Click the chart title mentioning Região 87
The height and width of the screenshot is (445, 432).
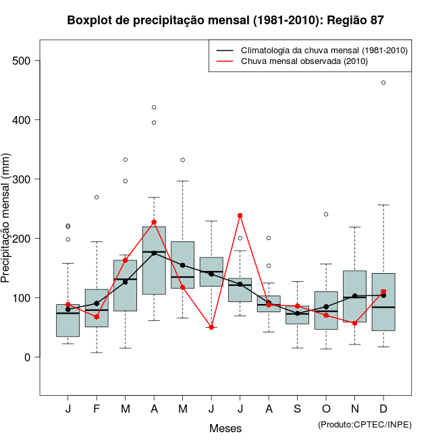(225, 20)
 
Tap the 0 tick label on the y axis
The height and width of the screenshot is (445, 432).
(28, 357)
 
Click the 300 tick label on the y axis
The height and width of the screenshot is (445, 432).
(23, 179)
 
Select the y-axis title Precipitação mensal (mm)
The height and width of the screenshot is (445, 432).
(7, 227)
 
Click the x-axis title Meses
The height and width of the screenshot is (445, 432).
(225, 428)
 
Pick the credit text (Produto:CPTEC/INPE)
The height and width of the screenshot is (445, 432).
(364, 424)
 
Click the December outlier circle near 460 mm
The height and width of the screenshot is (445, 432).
(383, 83)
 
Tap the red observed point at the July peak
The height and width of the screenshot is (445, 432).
(240, 216)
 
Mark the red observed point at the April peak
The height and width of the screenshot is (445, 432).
(154, 222)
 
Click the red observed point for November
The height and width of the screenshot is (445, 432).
(354, 324)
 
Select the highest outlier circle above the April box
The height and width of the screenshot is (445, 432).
(154, 107)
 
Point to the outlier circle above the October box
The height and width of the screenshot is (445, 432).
(326, 214)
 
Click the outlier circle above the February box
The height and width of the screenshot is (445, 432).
(97, 197)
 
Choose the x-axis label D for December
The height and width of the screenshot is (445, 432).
(383, 409)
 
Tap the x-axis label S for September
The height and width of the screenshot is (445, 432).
(297, 409)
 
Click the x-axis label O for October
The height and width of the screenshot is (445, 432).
(326, 409)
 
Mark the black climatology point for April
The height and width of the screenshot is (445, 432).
(154, 253)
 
